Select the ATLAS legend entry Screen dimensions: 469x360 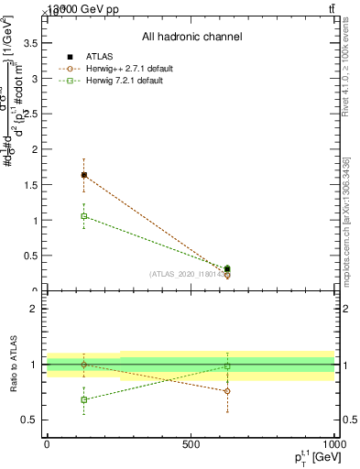102,57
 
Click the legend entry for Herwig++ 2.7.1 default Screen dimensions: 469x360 127,69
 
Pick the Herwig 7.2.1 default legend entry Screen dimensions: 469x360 124,81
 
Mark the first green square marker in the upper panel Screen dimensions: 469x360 84,216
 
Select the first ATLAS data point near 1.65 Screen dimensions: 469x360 84,174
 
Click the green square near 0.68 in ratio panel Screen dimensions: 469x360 84,399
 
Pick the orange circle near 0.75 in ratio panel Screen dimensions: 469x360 227,391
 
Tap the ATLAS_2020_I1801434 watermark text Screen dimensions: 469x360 188,274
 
